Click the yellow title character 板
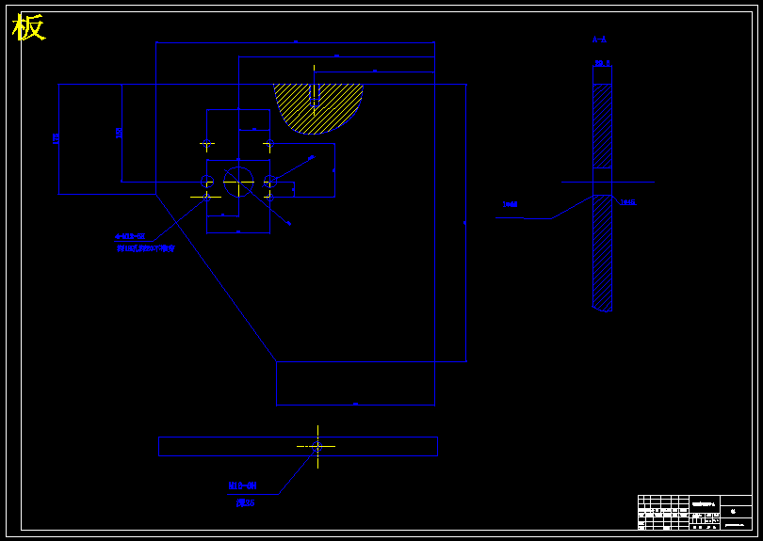click(x=28, y=28)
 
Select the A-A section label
click(x=599, y=40)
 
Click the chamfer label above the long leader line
click(x=511, y=203)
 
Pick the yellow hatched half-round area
click(x=317, y=106)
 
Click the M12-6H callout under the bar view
click(x=242, y=485)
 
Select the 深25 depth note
click(x=245, y=503)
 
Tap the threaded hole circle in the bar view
click(x=317, y=446)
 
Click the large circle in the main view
click(x=239, y=181)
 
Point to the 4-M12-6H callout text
click(x=130, y=236)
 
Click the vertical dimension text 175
click(x=57, y=138)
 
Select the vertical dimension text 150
click(x=119, y=133)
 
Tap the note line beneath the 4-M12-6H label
click(x=146, y=249)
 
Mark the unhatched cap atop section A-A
click(x=602, y=74)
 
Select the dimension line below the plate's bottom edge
click(x=355, y=405)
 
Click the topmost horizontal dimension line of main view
click(x=295, y=42)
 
